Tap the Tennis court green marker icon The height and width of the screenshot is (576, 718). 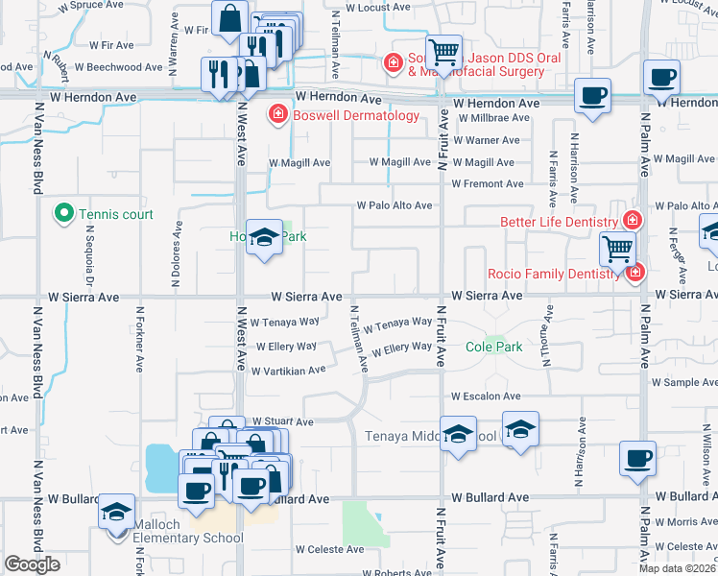tap(64, 213)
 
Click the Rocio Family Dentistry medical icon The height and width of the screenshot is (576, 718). tap(634, 274)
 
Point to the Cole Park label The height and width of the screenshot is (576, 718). tap(494, 347)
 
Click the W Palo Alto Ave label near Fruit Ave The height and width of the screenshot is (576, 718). tap(395, 205)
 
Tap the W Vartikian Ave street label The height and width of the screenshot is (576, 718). tap(290, 370)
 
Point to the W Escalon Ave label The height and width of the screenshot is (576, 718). tap(486, 396)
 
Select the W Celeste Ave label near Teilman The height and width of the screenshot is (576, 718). tap(329, 549)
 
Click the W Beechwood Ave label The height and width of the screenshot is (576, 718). tap(119, 67)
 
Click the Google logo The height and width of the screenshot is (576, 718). tap(33, 564)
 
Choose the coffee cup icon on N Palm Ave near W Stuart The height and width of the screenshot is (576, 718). tap(638, 458)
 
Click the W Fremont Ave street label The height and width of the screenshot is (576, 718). tap(488, 183)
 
